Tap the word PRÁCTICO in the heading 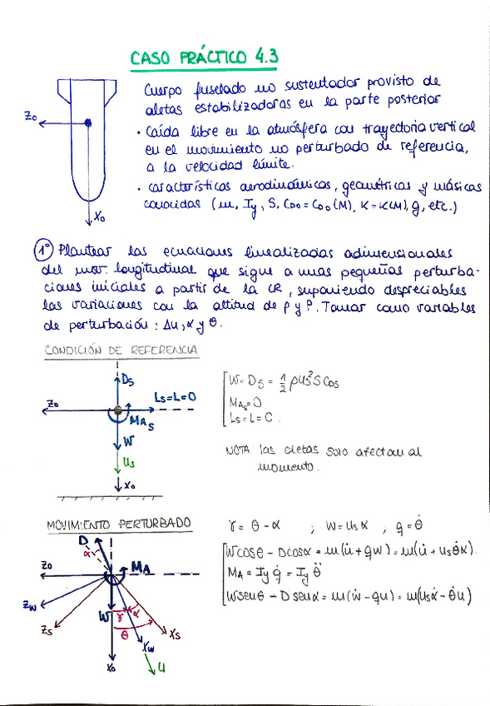tap(209, 57)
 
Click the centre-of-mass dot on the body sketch tap(87, 124)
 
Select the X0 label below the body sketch tap(100, 218)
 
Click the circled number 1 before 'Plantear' tap(43, 249)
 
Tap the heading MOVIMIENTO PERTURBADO tap(118, 524)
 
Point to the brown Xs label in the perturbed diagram tap(176, 635)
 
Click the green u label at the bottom tap(161, 667)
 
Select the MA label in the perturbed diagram tap(141, 567)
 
